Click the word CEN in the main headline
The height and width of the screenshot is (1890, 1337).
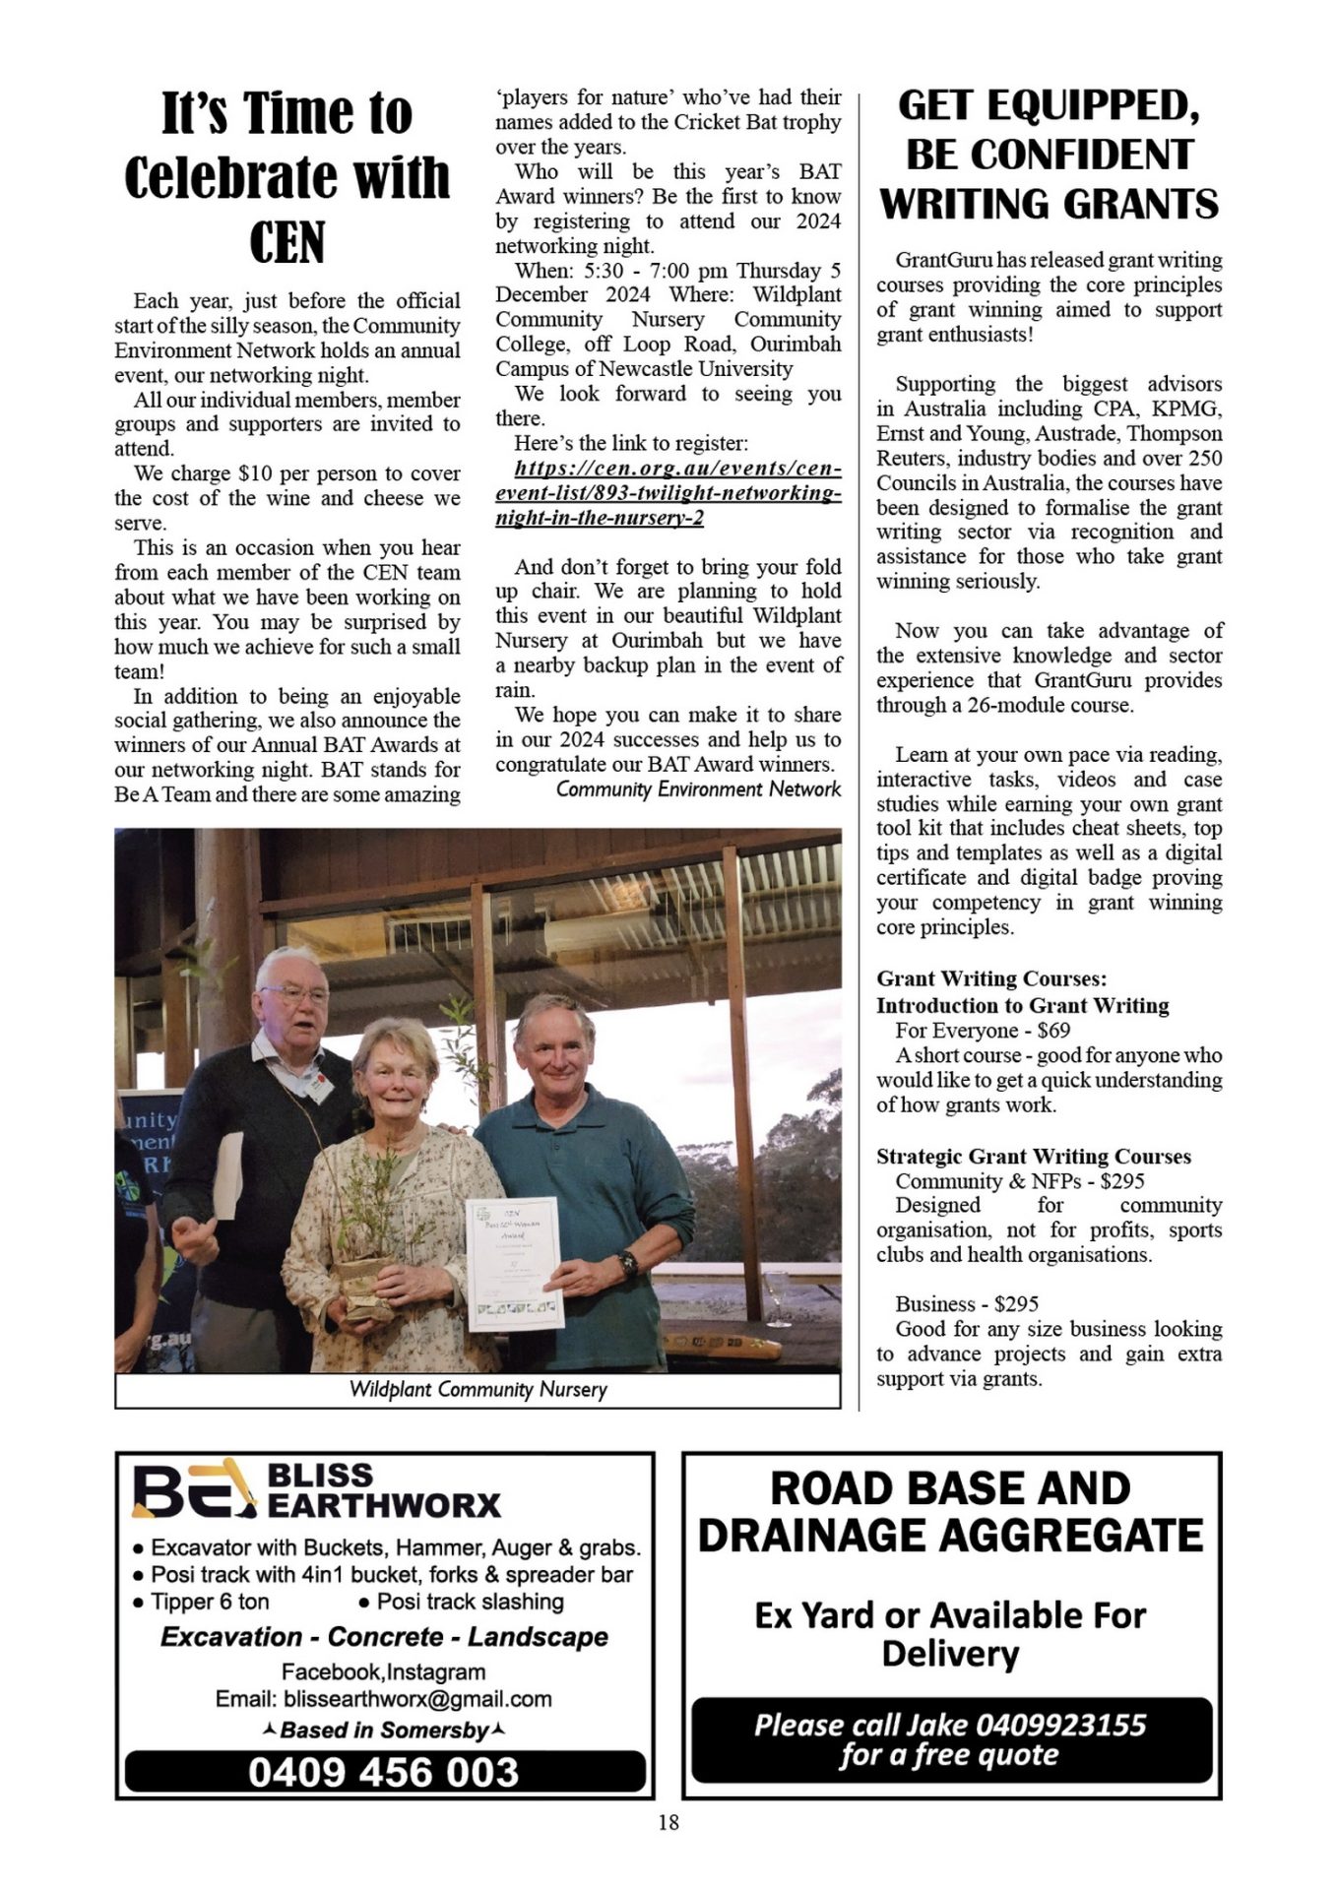tap(286, 243)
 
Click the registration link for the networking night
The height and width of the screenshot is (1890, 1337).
tap(668, 492)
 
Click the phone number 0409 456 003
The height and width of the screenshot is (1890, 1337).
tap(383, 1772)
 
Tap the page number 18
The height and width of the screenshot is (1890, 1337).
tap(668, 1822)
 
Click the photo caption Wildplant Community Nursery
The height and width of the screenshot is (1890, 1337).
tap(477, 1389)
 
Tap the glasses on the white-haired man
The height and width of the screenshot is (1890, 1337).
tap(294, 994)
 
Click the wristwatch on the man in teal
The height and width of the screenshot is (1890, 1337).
tap(628, 1262)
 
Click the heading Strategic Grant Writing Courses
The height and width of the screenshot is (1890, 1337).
tap(1034, 1156)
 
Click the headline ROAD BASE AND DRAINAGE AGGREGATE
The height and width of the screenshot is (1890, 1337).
tap(950, 1511)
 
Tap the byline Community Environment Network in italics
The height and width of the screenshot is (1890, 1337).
tap(698, 789)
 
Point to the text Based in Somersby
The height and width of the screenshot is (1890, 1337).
tap(384, 1730)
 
